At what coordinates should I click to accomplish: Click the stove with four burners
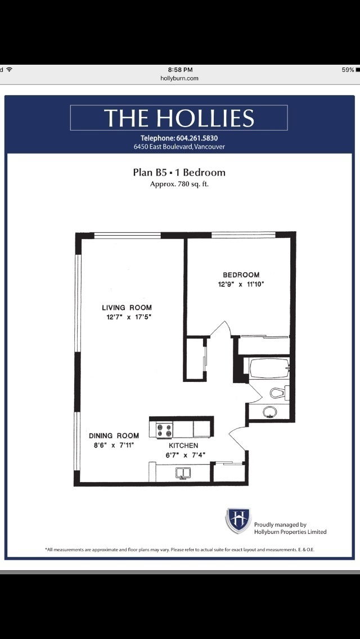164,430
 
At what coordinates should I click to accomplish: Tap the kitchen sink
183,472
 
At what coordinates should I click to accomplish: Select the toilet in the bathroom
278,393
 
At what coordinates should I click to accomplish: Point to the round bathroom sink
270,411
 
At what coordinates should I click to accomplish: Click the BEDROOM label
241,275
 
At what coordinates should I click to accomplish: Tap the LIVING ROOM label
127,308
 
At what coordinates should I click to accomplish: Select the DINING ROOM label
114,435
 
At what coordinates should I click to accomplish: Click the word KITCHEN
183,445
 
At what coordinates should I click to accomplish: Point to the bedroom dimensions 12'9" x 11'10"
241,285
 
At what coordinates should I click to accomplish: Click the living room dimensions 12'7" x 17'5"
129,317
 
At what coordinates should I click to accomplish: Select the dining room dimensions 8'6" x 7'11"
113,445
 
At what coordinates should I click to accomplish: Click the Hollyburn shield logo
238,520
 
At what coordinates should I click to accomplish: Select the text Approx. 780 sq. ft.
179,184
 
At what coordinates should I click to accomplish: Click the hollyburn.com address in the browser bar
179,78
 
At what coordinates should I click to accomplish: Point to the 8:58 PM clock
179,70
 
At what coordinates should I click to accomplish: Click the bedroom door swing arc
223,329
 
